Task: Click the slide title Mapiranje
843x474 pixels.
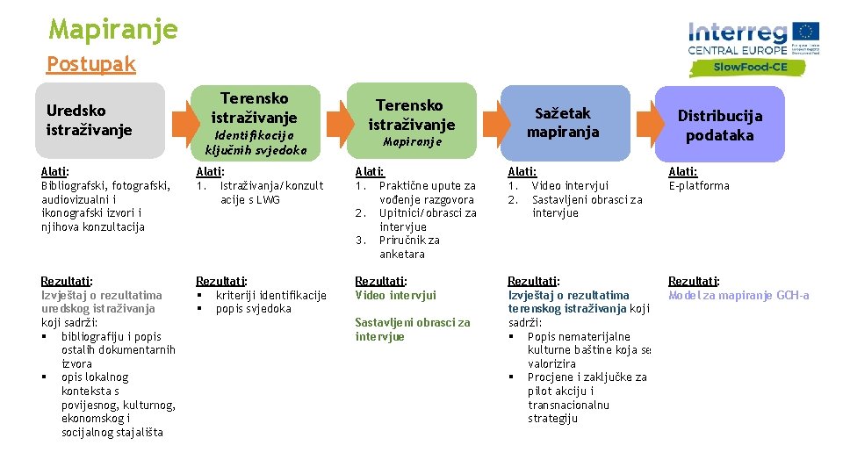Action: click(x=113, y=29)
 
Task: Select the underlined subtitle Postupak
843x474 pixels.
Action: click(x=91, y=64)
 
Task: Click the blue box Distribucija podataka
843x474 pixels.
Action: click(x=719, y=125)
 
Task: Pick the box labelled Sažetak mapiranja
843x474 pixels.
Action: click(x=562, y=122)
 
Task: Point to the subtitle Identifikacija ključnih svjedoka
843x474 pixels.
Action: click(x=256, y=142)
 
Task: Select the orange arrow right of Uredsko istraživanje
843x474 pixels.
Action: click(x=180, y=123)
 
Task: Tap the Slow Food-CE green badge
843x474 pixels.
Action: click(x=749, y=67)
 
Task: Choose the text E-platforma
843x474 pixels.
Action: click(x=699, y=186)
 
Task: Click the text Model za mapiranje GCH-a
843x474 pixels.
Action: click(x=739, y=296)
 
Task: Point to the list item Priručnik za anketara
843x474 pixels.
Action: click(x=409, y=247)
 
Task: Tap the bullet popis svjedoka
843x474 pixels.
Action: click(x=253, y=309)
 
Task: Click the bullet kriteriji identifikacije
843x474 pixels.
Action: click(x=270, y=296)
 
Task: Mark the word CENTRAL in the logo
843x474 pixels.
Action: click(x=712, y=50)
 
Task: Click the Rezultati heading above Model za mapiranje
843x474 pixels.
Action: click(x=694, y=282)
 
